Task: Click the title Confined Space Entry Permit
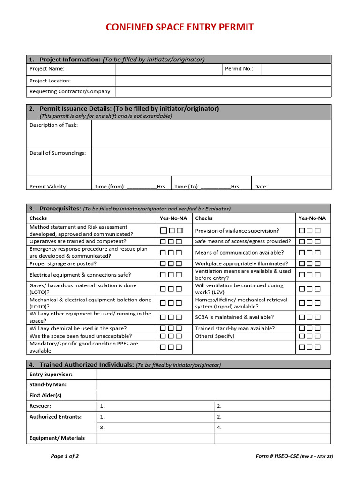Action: pos(180,27)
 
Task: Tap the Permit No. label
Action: pos(239,69)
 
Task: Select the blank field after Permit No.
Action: pos(295,69)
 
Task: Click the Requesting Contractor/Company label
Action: pos(70,92)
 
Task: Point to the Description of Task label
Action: pos(54,125)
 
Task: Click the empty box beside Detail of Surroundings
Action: pos(211,162)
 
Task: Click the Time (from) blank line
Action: pos(142,187)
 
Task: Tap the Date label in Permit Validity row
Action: pos(261,187)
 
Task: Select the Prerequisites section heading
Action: pos(61,209)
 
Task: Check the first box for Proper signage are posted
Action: pos(163,264)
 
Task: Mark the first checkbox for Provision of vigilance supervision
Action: pos(302,231)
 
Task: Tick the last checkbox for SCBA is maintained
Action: pos(318,317)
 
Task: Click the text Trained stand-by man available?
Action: pos(235,329)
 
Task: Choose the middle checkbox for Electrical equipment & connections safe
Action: pos(172,275)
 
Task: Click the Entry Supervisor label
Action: pos(51,375)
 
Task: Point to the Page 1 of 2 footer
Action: pos(65,456)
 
